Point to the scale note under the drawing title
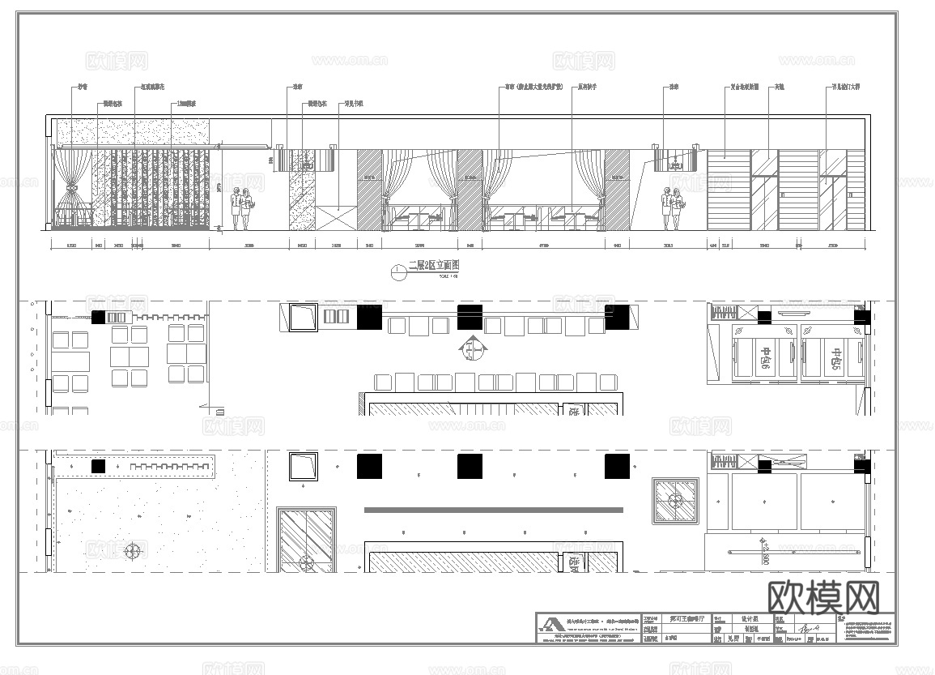(x=426, y=276)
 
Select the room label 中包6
(x=764, y=357)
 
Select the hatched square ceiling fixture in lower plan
(x=677, y=500)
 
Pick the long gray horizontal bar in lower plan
(x=493, y=510)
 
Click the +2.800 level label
(x=763, y=552)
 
